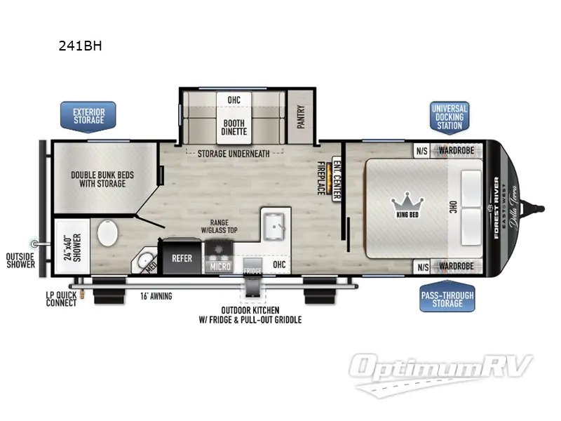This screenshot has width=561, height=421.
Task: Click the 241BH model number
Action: click(x=81, y=47)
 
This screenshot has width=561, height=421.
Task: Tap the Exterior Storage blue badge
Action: click(x=88, y=115)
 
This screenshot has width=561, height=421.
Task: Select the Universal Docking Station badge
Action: click(x=450, y=116)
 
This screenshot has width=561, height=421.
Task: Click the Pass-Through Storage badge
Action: click(x=447, y=298)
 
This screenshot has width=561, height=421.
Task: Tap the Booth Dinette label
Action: click(x=234, y=123)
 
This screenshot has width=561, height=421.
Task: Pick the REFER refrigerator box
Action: click(x=182, y=258)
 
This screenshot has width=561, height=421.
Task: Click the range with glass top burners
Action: click(x=217, y=249)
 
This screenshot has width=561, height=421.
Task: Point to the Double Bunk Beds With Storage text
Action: click(x=98, y=179)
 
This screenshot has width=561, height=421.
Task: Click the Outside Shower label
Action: click(x=20, y=260)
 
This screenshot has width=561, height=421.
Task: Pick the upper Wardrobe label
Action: click(x=457, y=149)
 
